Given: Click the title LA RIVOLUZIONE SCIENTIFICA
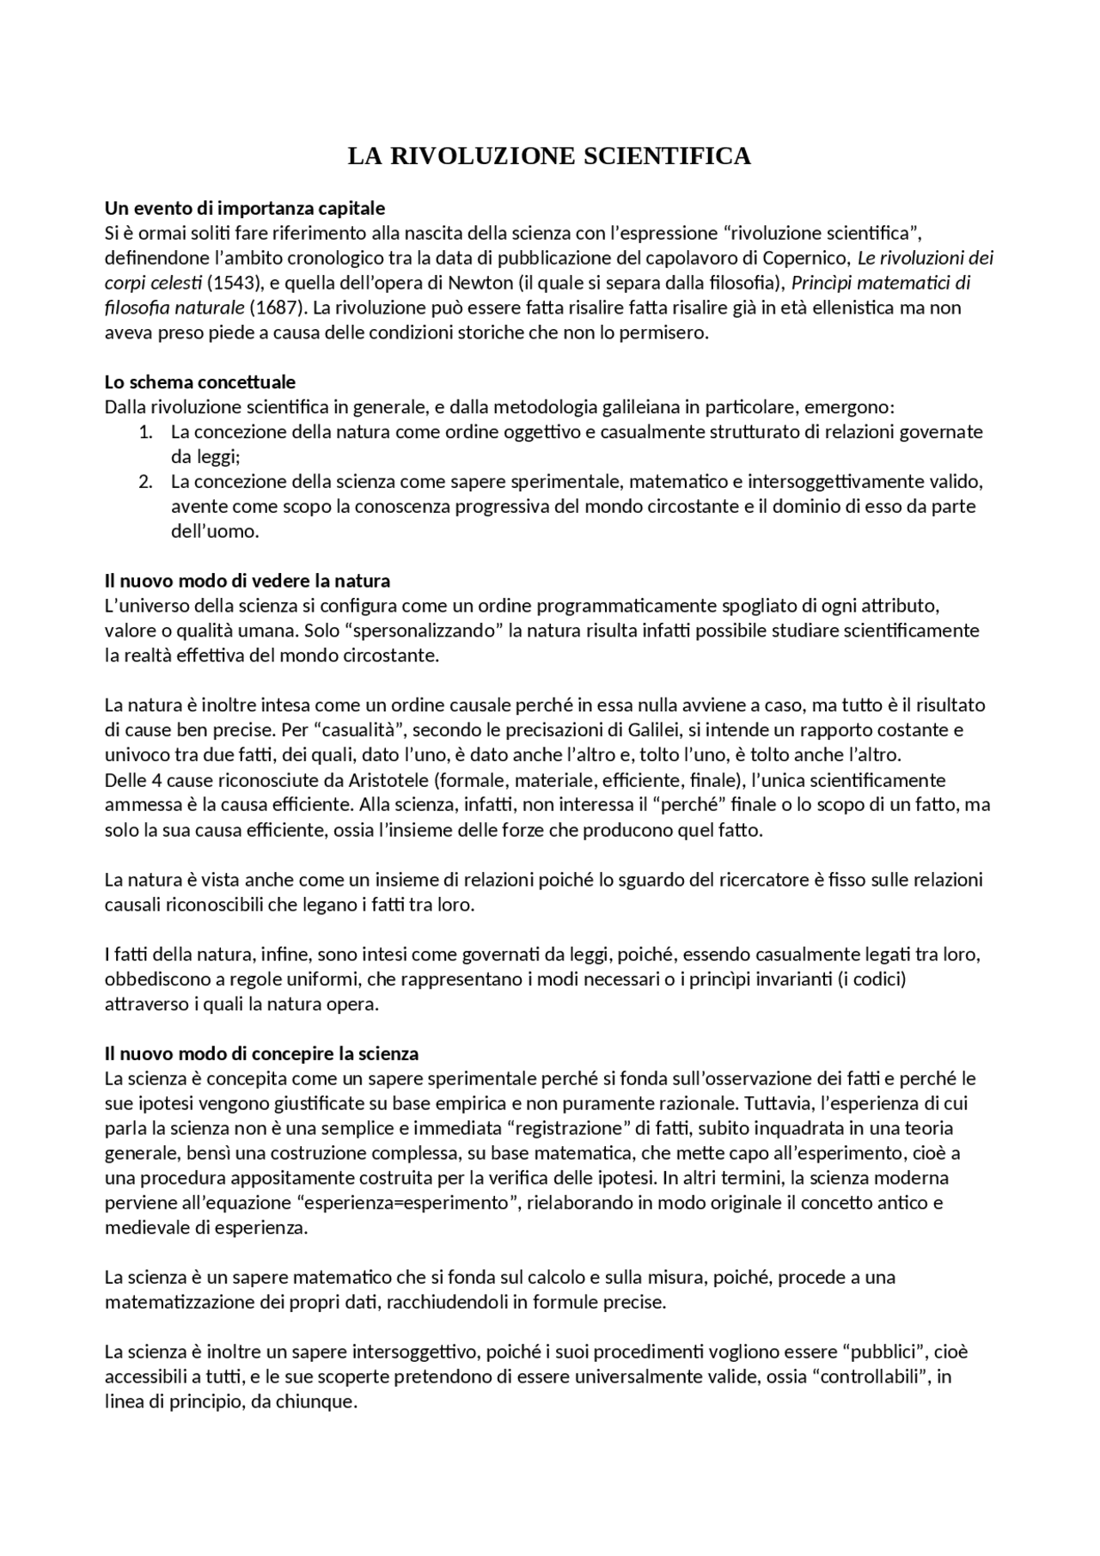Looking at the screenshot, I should [x=549, y=156].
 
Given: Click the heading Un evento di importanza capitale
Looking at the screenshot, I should [x=245, y=208].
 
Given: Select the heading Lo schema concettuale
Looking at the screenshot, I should [x=199, y=381].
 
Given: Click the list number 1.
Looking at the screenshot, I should [x=145, y=431].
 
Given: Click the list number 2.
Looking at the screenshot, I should [x=145, y=481].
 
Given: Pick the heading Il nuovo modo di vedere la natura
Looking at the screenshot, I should [x=247, y=581].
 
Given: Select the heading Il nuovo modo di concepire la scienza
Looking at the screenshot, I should [x=261, y=1053].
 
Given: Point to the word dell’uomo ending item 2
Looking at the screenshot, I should [x=215, y=531].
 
